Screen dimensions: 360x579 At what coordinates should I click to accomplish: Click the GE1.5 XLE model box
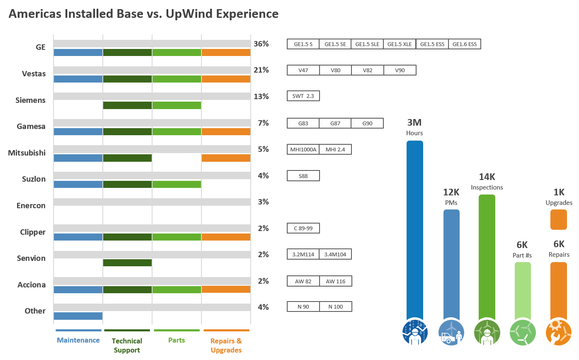tap(400, 44)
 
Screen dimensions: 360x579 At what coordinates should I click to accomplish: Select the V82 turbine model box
tap(367, 71)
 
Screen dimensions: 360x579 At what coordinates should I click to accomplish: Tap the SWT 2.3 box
tap(303, 96)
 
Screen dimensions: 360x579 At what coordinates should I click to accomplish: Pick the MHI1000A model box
tap(303, 149)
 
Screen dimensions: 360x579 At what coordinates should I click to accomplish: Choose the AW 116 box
tap(335, 281)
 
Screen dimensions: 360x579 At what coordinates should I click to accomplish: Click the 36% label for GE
tap(261, 44)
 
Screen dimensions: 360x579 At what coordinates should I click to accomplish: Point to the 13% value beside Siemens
tap(261, 97)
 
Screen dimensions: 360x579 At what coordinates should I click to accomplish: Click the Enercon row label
tap(31, 206)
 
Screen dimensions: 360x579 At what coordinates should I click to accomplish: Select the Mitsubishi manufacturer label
tap(27, 153)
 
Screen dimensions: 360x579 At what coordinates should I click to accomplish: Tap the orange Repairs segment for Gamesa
tap(226, 131)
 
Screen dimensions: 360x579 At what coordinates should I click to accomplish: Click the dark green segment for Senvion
tap(127, 263)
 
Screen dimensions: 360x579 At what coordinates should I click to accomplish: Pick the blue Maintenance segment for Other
tap(78, 316)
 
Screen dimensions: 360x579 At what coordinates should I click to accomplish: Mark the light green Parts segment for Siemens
tap(177, 105)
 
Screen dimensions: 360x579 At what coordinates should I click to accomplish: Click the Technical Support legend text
tap(127, 345)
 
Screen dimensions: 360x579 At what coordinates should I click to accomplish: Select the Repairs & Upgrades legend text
tap(226, 345)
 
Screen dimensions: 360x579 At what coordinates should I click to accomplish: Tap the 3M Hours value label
tap(414, 123)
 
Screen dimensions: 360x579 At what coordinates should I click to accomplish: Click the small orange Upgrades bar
tap(558, 219)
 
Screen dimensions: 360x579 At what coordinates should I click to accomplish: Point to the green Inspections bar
tap(487, 257)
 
